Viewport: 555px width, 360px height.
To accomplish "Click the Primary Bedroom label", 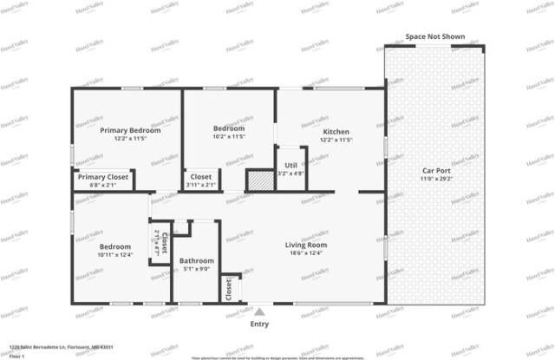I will tap(130, 130).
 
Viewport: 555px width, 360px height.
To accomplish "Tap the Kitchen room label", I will tap(335, 130).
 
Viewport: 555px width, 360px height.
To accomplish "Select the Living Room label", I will tap(305, 245).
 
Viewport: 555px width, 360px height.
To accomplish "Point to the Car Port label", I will tap(435, 170).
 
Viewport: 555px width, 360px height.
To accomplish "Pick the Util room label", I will tap(291, 164).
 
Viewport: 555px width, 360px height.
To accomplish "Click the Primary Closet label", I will tap(102, 177).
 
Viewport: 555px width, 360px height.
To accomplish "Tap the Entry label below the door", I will tap(259, 324).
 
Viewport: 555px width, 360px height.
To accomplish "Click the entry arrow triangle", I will tap(259, 311).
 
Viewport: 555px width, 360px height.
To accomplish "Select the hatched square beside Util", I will tap(258, 180).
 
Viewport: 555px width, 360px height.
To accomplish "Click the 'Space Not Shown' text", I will tap(435, 37).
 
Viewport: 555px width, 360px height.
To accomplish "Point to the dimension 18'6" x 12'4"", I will tap(305, 253).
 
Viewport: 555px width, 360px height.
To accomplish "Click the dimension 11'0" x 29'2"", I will tap(435, 179).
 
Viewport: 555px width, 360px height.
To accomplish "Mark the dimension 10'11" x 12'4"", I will tap(114, 253).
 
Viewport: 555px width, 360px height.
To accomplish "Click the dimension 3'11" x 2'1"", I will tap(201, 185).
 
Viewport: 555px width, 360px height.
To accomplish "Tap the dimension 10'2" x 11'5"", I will tap(229, 137).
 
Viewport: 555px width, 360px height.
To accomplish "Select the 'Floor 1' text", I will tap(16, 355).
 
